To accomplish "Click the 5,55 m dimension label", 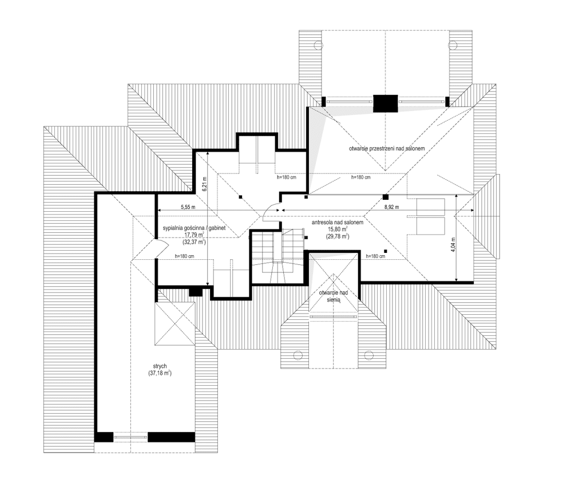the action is tap(188, 207).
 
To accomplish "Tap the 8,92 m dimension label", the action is tap(392, 207).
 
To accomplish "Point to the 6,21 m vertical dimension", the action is tap(204, 184).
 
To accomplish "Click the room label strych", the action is tap(160, 366).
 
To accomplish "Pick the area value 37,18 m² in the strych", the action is tap(160, 373).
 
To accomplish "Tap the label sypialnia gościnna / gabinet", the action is tap(194, 228).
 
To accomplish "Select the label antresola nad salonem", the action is tap(338, 223).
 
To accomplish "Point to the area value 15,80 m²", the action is tap(337, 229).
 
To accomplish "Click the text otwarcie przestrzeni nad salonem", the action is tap(387, 149).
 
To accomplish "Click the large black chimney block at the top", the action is tap(386, 104).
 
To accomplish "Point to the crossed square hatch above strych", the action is tap(175, 323).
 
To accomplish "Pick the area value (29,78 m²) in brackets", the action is tap(338, 236).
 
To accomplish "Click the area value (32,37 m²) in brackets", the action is tap(194, 241).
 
